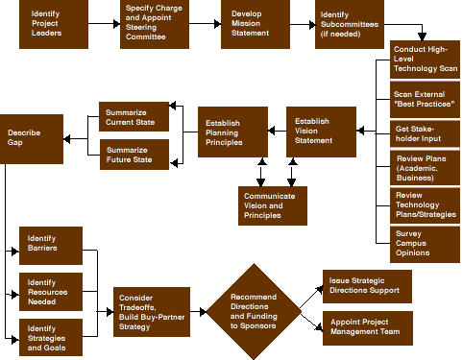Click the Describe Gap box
31,137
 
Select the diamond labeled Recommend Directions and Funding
254,312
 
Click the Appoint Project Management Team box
366,328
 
